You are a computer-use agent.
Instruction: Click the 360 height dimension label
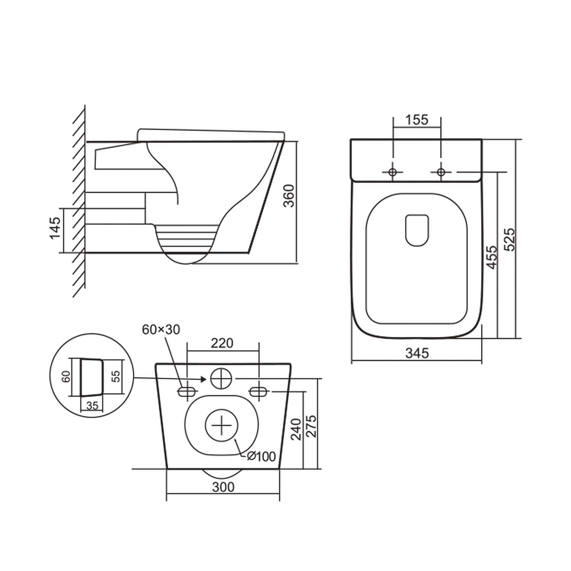pos(289,196)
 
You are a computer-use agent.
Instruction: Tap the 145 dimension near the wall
pos(56,228)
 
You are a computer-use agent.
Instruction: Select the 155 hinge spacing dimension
pos(417,120)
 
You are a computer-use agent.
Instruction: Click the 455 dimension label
pos(492,257)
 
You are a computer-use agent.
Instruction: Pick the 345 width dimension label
pos(417,353)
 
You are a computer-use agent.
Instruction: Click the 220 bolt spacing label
pos(222,343)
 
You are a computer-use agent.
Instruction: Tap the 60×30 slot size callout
pos(161,330)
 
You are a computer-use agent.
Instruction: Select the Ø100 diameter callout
pos(261,456)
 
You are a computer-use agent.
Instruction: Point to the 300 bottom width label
pos(223,487)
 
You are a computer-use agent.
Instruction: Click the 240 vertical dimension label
pos(296,429)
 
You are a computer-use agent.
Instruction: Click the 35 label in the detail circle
pos(92,406)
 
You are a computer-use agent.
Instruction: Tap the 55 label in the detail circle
pos(116,376)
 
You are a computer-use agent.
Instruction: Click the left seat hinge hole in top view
pos(393,172)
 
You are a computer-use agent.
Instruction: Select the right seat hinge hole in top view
pos(441,172)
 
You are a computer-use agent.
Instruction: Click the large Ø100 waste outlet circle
pos(222,426)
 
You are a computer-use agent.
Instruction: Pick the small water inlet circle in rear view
pos(221,378)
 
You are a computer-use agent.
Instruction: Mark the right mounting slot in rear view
pos(259,391)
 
